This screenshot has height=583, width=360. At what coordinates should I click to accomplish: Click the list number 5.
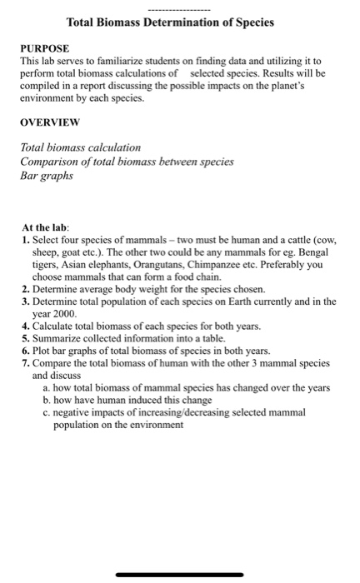pos(26,351)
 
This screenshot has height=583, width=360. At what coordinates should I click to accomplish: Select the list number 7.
pos(26,376)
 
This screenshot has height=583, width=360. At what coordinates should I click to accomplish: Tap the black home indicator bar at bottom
pos(179,576)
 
